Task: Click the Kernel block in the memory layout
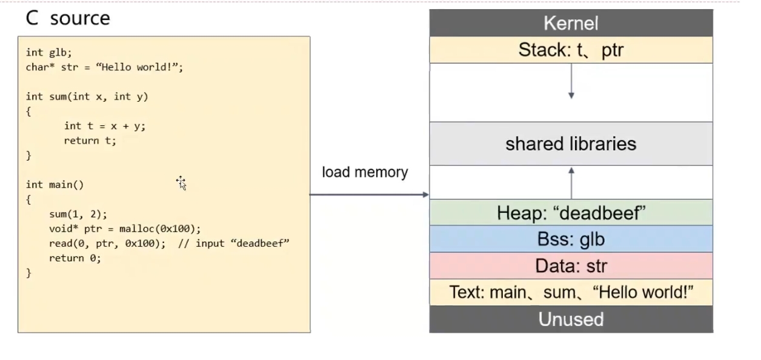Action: pos(571,23)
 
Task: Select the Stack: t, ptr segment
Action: pos(571,50)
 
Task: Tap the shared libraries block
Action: pos(571,144)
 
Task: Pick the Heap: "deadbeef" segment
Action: pos(571,213)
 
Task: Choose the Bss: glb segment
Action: pos(571,239)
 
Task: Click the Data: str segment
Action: pos(571,265)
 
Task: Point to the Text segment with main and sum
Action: pos(571,292)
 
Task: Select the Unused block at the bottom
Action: pos(571,319)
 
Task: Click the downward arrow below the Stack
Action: pos(571,81)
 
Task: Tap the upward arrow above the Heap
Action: pos(571,183)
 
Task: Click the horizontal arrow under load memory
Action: pos(369,195)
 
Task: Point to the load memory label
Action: pos(365,172)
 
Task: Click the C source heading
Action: pos(68,18)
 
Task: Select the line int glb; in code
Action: pos(49,52)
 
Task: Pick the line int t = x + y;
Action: pos(105,126)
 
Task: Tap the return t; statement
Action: pos(90,141)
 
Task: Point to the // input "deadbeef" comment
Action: pos(234,244)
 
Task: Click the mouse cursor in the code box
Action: pos(181,183)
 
